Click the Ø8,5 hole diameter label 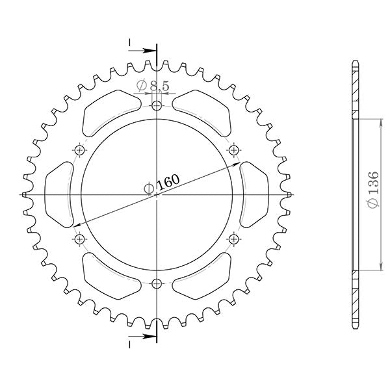click(154, 85)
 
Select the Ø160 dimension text click(161, 184)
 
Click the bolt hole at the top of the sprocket click(157, 107)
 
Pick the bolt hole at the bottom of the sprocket click(157, 283)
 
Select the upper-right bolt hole click(233, 151)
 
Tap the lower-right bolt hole click(233, 239)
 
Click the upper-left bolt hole click(80, 151)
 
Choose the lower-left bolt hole click(80, 239)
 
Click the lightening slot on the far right click(253, 194)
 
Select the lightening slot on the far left click(59, 194)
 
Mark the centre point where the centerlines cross click(157, 194)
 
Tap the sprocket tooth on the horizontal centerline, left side click(25, 194)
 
